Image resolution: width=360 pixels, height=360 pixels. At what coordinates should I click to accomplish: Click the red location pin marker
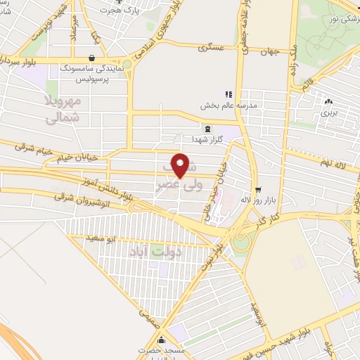(181, 167)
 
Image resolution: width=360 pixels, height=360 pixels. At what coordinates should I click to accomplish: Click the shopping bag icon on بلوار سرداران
(92, 58)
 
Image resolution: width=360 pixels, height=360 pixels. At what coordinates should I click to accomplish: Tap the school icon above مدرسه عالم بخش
(227, 94)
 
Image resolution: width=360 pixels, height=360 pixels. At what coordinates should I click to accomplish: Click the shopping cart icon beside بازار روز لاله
(258, 189)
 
